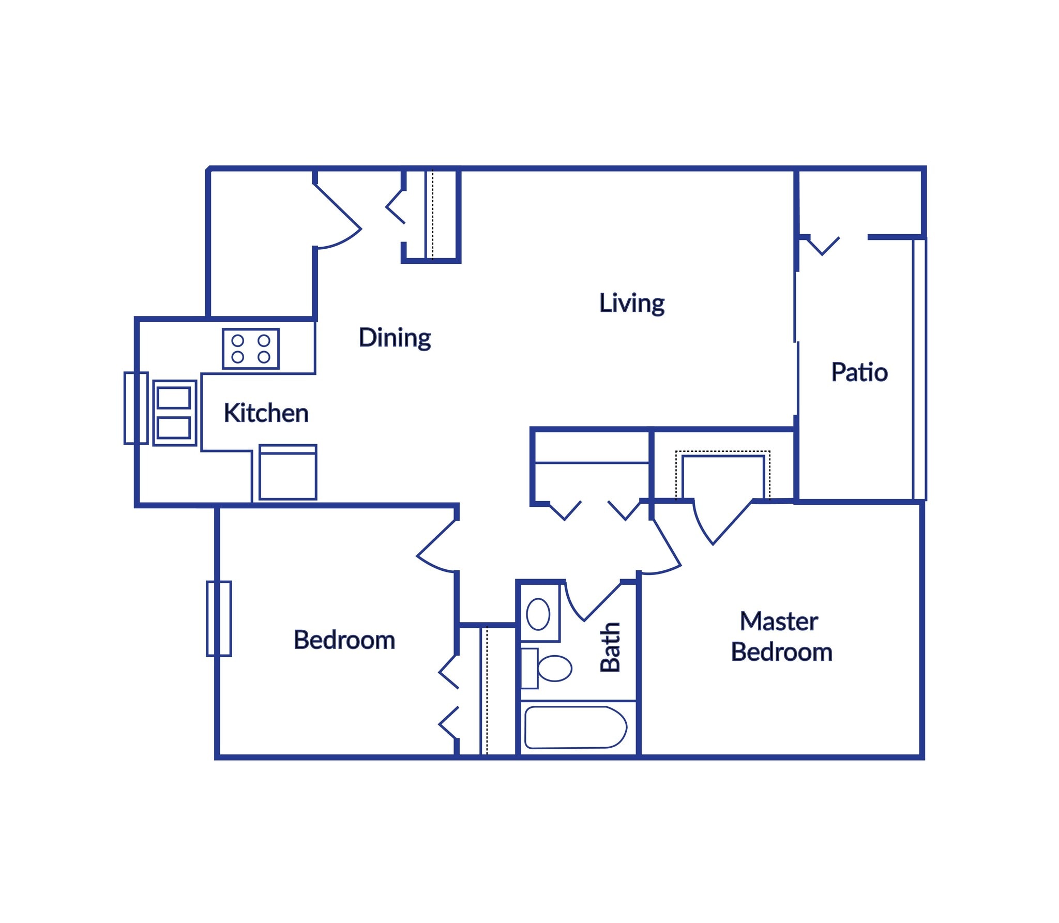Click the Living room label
[631, 303]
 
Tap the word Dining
[395, 338]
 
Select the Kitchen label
[266, 413]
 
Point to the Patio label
[859, 372]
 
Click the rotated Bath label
[610, 647]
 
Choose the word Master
[779, 621]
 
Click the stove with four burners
[251, 349]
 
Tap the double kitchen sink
[174, 413]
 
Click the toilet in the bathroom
[551, 668]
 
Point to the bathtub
[575, 727]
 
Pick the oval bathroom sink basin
[538, 614]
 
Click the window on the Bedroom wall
[219, 618]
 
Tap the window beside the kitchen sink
[135, 408]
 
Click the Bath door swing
[589, 600]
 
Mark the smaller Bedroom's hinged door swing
[437, 548]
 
